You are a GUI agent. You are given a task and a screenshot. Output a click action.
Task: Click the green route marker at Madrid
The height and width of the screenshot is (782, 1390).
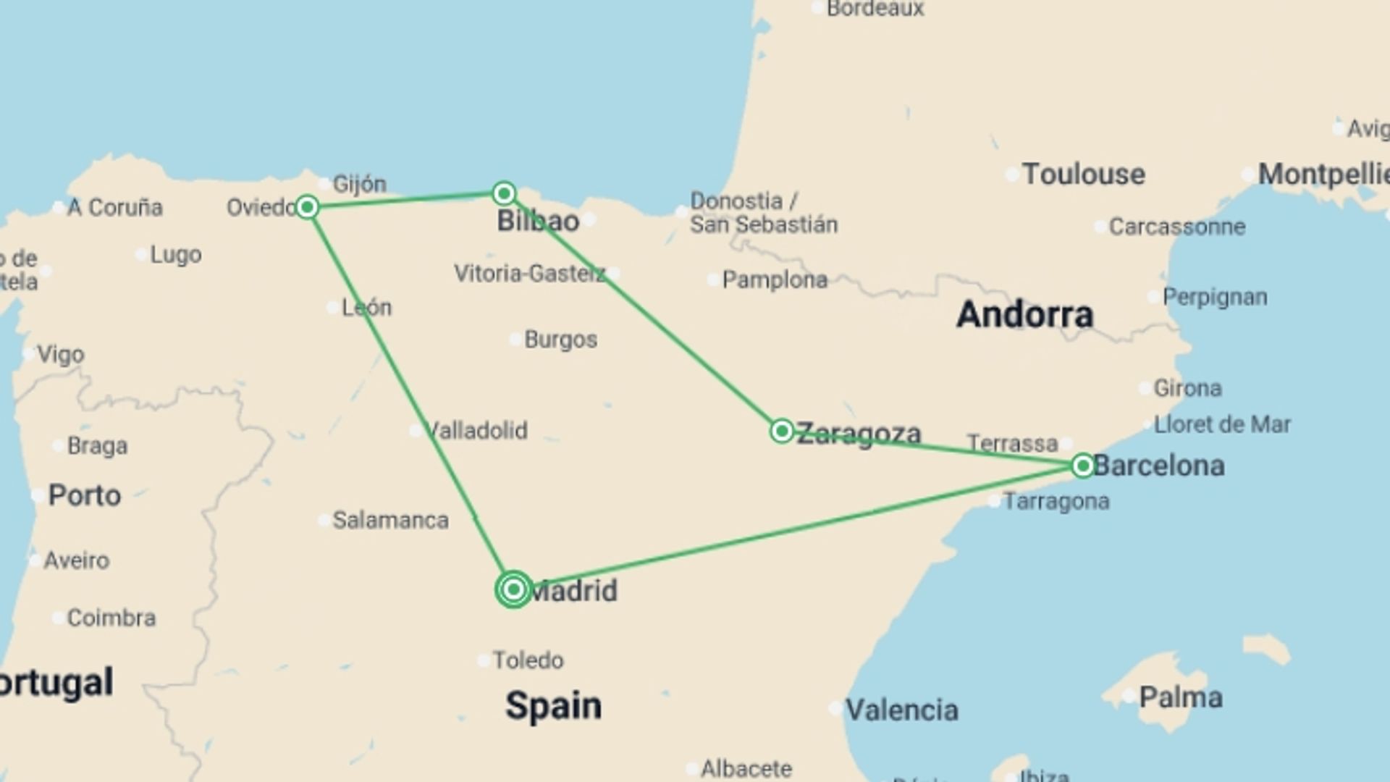click(x=513, y=589)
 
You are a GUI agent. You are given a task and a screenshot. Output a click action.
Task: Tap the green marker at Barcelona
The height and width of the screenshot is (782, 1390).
click(x=1082, y=466)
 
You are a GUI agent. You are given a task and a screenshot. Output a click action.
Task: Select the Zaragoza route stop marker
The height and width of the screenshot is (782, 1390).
click(x=781, y=432)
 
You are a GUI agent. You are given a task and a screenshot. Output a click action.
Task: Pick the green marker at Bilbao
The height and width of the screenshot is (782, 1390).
click(x=504, y=193)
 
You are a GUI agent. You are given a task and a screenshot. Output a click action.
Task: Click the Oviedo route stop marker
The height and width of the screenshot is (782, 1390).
click(x=307, y=208)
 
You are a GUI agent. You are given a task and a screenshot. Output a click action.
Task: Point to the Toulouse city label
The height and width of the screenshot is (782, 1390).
click(x=1083, y=175)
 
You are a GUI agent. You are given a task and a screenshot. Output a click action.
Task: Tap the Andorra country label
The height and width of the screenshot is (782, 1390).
click(x=1024, y=314)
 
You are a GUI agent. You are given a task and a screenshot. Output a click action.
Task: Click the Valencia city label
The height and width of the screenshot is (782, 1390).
click(x=901, y=710)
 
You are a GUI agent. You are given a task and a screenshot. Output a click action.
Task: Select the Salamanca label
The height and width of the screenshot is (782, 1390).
click(x=390, y=520)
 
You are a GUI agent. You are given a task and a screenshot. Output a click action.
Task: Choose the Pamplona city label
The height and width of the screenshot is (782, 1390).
click(x=774, y=279)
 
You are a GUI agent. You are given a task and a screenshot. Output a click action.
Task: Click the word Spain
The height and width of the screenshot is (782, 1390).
click(x=553, y=705)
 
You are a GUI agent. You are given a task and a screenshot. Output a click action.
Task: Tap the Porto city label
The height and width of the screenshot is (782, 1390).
click(x=84, y=496)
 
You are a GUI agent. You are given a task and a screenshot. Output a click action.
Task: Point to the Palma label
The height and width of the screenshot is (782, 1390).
click(x=1180, y=697)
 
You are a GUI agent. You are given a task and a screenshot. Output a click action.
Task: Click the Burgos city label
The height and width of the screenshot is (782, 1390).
click(x=560, y=340)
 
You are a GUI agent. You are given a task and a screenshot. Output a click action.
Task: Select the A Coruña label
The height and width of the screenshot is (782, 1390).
click(x=114, y=208)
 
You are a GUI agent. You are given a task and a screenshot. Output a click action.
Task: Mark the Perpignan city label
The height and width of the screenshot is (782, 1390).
click(x=1214, y=297)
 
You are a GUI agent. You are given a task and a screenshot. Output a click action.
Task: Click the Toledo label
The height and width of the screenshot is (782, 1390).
click(x=528, y=660)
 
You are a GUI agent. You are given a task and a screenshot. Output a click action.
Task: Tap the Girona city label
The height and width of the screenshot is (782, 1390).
click(x=1187, y=388)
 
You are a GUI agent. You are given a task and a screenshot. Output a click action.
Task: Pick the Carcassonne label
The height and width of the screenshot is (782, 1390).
click(x=1176, y=227)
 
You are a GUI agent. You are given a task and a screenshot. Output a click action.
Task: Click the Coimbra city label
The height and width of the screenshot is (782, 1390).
click(x=111, y=618)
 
